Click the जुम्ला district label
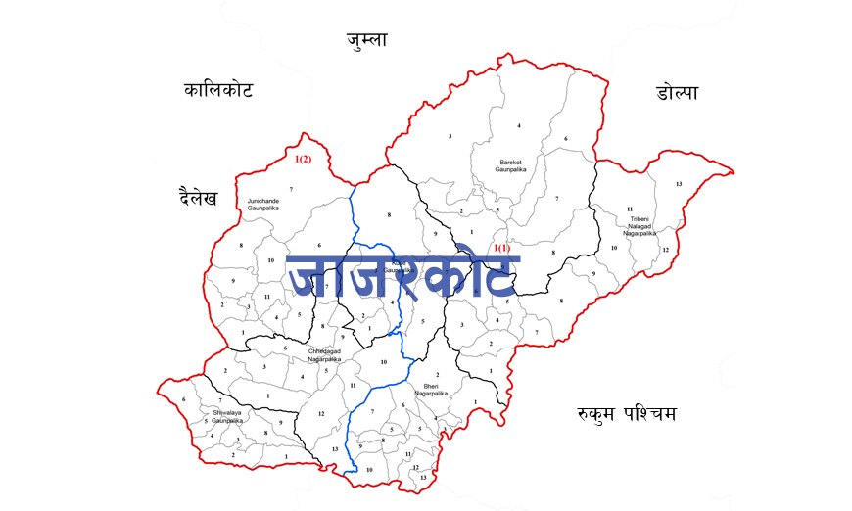point(367,40)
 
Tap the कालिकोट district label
point(218,91)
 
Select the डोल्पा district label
point(678,93)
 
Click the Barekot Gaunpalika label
point(511,163)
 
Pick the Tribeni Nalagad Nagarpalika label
point(640,226)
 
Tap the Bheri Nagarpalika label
point(431,388)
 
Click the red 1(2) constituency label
point(304,159)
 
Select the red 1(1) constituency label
point(500,248)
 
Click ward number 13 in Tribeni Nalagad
point(678,184)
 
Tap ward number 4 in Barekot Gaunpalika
point(518,126)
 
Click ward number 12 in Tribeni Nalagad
point(665,250)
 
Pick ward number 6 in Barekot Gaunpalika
point(565,139)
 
